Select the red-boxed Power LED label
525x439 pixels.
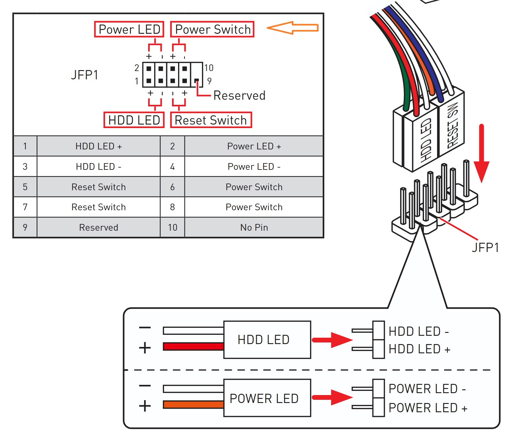(129, 29)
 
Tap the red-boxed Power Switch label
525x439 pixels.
(212, 29)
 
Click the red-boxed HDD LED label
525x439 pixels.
(134, 120)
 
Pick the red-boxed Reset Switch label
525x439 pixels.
(211, 120)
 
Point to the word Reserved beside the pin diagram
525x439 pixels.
(239, 96)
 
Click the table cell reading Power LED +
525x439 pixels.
(254, 146)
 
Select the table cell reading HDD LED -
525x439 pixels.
(98, 167)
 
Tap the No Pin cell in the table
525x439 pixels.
(254, 227)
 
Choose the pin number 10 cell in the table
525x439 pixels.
(172, 227)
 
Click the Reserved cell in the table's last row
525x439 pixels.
(98, 227)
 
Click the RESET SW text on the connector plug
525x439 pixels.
(453, 126)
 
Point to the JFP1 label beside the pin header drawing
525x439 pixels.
(485, 248)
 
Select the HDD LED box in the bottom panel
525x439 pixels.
(267, 340)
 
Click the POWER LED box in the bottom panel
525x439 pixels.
(267, 398)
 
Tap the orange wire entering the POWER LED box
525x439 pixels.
(193, 405)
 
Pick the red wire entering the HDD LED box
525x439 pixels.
(193, 346)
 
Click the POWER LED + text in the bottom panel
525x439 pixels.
(428, 408)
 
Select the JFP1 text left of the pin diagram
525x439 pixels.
(84, 75)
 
